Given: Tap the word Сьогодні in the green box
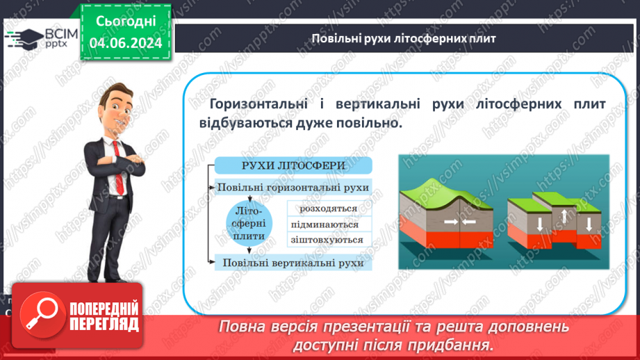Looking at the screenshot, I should pos(126,22).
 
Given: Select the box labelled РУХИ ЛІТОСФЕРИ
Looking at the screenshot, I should pos(293,165).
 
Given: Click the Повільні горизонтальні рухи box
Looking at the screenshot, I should pos(293,188).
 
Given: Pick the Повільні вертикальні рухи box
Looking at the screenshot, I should pos(293,263).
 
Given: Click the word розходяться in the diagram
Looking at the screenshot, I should pos(328,208).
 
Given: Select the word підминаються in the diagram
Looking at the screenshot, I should pos(329,224).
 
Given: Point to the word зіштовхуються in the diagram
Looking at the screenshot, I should pos(329,240).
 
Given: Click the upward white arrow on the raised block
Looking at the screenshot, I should pos(565,217).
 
